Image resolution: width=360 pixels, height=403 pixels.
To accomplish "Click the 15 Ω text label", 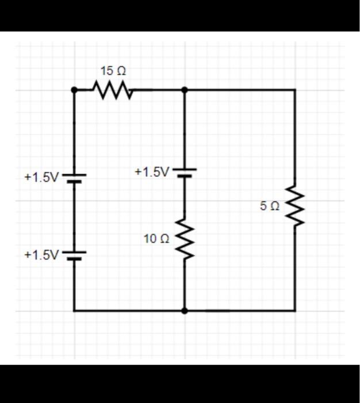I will (x=113, y=71).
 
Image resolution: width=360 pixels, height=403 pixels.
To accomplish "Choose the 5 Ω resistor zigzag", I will (x=295, y=206).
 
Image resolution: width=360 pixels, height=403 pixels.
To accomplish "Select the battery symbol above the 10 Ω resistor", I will (x=184, y=173).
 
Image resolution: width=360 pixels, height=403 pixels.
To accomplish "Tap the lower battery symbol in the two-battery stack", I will (x=74, y=255).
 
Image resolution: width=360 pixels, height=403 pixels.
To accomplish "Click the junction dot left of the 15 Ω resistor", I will (x=74, y=90).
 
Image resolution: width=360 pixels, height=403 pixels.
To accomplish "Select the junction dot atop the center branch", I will (x=184, y=90).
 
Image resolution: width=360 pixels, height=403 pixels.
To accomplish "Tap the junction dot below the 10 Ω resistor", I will (x=184, y=311).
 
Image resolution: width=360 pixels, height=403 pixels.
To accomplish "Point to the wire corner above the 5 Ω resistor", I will (x=295, y=90).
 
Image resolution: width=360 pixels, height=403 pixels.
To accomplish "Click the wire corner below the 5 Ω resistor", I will (x=295, y=311).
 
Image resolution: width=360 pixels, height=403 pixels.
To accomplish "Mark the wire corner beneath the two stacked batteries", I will (x=74, y=311).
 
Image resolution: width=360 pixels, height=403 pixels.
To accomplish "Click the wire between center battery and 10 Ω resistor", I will (x=184, y=199).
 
